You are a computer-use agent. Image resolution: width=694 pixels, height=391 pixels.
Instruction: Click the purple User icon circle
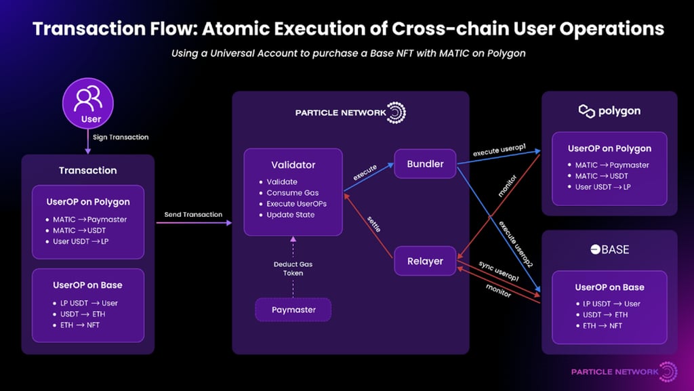(88, 104)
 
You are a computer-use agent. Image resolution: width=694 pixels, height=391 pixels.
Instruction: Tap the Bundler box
(425, 164)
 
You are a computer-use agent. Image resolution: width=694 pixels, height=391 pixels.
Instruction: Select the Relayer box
(425, 261)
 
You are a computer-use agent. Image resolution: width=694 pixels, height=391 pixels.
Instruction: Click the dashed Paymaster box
(293, 310)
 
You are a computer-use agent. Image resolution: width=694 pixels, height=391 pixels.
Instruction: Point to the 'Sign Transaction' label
(121, 137)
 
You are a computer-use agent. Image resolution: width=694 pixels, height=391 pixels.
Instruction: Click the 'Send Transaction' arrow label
(193, 215)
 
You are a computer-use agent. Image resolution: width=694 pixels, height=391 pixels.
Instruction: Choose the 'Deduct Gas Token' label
(293, 268)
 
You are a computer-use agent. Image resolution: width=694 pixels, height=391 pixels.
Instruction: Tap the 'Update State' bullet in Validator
(290, 215)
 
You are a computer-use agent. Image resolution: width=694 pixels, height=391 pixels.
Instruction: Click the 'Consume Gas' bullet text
(293, 193)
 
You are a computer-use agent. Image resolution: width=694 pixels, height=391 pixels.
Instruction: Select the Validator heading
(293, 165)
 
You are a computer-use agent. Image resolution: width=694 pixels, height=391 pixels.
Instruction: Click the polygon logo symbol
(586, 111)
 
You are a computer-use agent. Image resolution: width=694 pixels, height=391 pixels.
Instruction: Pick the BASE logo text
(610, 249)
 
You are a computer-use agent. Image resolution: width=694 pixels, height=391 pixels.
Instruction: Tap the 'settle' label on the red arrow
(374, 224)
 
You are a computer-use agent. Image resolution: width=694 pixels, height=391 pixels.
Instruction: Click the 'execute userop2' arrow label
(516, 244)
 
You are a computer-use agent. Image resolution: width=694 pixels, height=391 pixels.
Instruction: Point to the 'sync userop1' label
(498, 271)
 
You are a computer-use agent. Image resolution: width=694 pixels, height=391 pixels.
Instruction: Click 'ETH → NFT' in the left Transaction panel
(80, 325)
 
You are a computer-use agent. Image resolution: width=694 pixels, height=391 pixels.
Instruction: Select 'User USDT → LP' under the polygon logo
(603, 187)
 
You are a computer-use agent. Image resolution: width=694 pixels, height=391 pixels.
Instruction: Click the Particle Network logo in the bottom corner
(624, 371)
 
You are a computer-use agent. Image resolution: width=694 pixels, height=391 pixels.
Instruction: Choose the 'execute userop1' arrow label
(499, 150)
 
